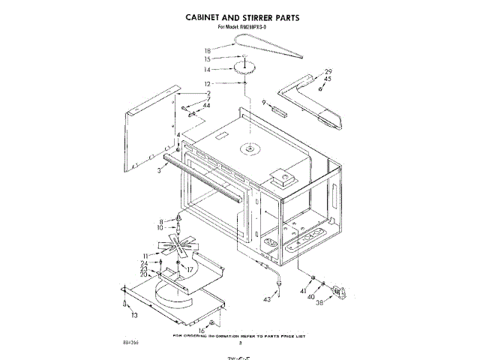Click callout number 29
(328, 71)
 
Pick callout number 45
(328, 79)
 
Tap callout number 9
(265, 102)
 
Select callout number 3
(160, 171)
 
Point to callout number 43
(267, 299)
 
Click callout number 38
(320, 302)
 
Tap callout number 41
(304, 290)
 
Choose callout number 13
(135, 316)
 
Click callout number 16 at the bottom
(201, 330)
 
